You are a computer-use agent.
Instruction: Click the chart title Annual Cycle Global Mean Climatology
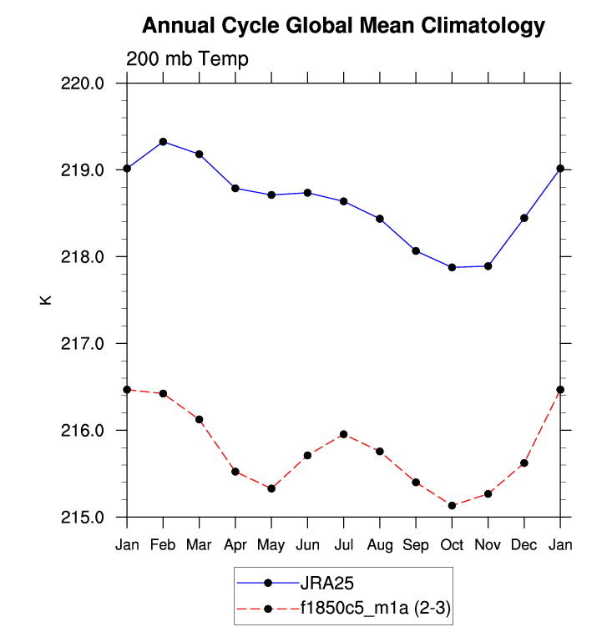click(x=343, y=26)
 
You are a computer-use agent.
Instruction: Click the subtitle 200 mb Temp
click(x=187, y=59)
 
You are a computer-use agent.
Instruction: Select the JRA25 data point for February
click(x=163, y=141)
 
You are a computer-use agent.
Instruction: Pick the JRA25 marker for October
click(x=452, y=267)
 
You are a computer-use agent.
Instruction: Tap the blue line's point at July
click(x=343, y=201)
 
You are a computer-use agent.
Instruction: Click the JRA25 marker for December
click(x=524, y=218)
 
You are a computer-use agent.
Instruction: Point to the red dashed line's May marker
click(x=271, y=488)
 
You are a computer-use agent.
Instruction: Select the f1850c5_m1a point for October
click(x=452, y=505)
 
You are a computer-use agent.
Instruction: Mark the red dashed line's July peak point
click(x=343, y=434)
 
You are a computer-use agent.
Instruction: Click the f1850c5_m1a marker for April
click(x=235, y=472)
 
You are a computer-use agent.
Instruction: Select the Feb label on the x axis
click(x=163, y=544)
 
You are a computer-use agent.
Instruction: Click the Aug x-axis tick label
click(x=380, y=544)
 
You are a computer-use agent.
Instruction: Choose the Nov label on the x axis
click(x=488, y=544)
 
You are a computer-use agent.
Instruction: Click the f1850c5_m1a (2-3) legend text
click(x=376, y=609)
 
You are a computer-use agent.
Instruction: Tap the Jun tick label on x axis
click(x=307, y=544)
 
